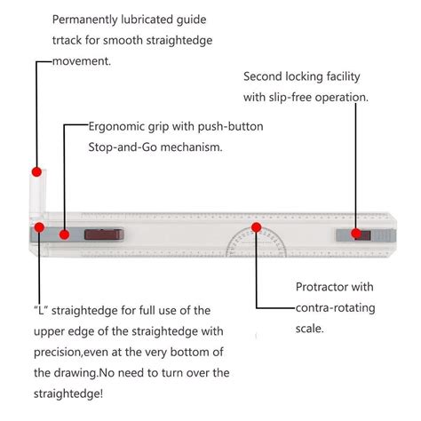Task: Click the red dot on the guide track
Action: [36, 171]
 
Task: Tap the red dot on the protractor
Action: [257, 227]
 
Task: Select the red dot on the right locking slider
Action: [356, 234]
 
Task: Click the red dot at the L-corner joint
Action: [39, 227]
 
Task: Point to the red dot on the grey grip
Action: [64, 234]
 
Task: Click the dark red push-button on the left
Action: [104, 234]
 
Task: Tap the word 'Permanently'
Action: [85, 20]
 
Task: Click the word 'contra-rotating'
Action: [336, 308]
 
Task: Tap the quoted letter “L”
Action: [41, 311]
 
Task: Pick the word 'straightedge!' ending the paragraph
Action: [68, 394]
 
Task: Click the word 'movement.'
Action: [82, 61]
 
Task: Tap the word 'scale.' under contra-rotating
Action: [310, 329]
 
